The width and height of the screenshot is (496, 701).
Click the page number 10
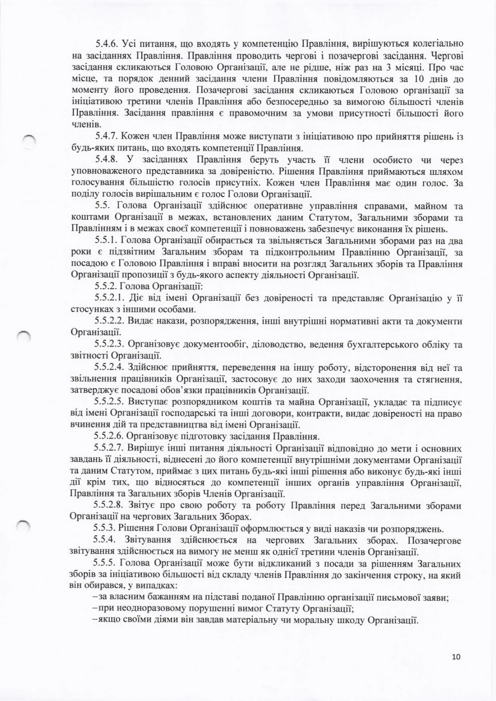point(456,657)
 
